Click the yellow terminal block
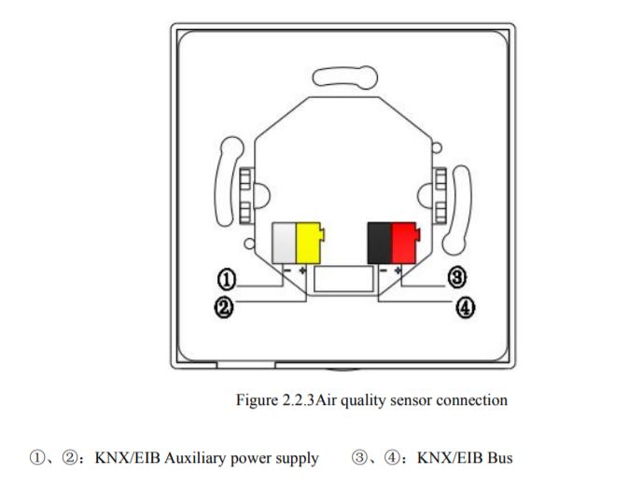click(x=308, y=242)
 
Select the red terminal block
click(x=403, y=242)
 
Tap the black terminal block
click(x=379, y=242)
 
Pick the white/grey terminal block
click(x=283, y=242)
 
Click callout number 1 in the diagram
click(x=225, y=278)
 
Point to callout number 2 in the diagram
click(x=225, y=307)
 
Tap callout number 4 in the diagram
click(x=464, y=307)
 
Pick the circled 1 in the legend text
click(x=36, y=458)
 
